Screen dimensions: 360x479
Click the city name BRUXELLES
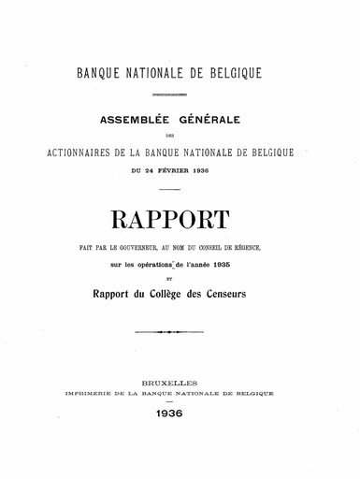tap(180, 384)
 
